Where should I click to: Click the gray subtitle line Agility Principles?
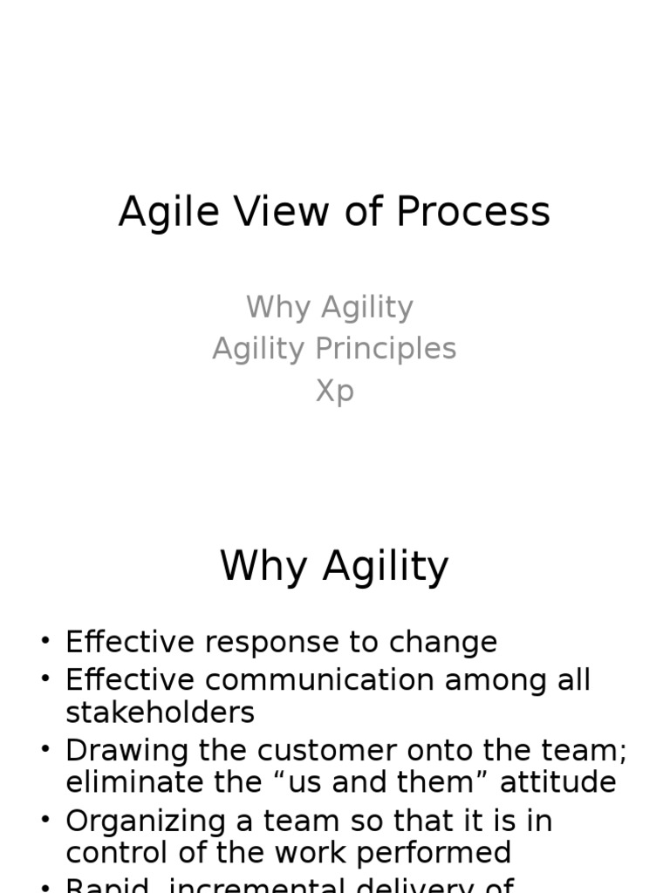[334, 349]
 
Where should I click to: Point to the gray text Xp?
[334, 391]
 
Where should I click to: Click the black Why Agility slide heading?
[334, 568]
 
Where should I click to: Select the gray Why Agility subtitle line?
[330, 307]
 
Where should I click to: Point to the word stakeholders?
[160, 712]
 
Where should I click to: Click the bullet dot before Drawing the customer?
[45, 751]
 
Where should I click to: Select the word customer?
[328, 750]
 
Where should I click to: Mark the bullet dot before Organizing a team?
[45, 821]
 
